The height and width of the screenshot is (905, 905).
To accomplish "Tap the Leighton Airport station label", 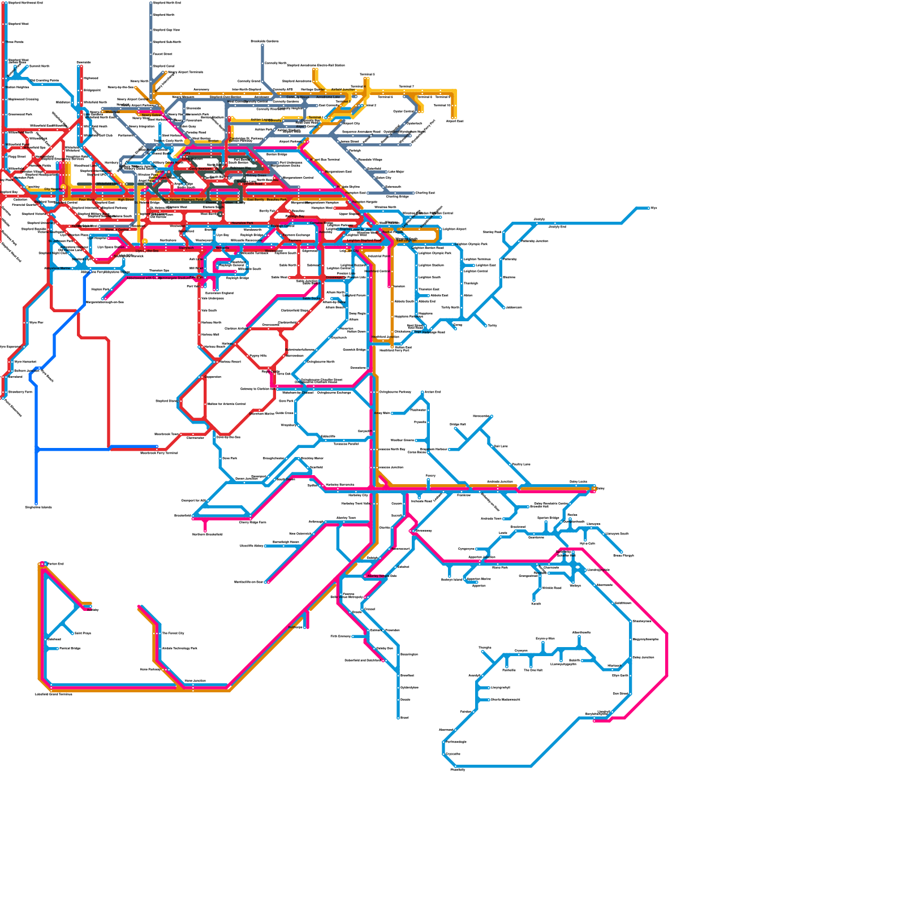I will click(454, 229).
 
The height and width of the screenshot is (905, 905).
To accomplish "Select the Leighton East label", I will click(485, 265).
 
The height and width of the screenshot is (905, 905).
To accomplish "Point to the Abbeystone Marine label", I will click(58, 269).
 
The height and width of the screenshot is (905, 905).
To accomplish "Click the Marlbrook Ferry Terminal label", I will click(159, 453).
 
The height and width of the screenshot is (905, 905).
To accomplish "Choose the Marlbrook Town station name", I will click(166, 434).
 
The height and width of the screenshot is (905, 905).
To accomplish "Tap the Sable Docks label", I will click(311, 299).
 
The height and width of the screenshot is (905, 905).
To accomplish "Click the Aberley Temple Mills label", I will click(382, 576).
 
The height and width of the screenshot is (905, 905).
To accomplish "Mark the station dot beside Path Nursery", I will click(353, 636).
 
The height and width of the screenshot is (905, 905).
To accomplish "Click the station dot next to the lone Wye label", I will click(649, 208).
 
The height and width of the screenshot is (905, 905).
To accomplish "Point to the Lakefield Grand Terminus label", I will click(54, 694).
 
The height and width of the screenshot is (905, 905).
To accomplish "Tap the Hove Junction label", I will click(195, 681).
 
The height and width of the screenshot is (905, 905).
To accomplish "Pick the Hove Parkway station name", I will click(150, 670).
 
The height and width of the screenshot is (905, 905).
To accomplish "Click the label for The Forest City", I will click(173, 633).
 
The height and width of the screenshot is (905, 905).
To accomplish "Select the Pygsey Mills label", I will click(258, 356).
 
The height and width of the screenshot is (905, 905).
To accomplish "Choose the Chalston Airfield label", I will click(236, 329).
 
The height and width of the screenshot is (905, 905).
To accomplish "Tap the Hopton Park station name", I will click(100, 290).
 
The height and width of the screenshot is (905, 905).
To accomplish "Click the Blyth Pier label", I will click(36, 322).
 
